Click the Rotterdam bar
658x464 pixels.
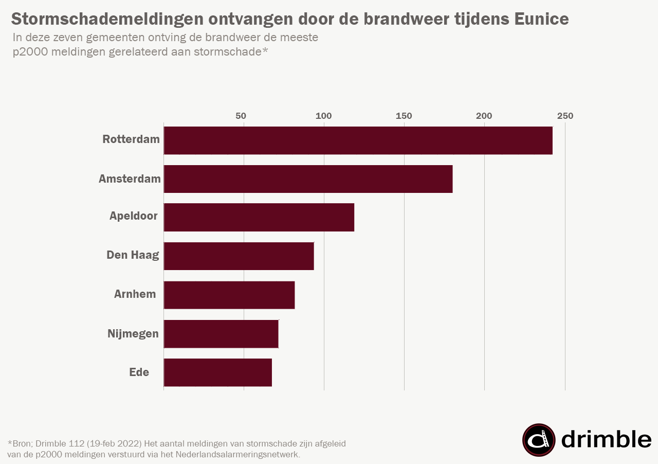[x=358, y=140]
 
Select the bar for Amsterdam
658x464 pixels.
[x=308, y=179]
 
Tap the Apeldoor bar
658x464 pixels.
[x=259, y=217]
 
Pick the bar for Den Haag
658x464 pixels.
[x=239, y=256]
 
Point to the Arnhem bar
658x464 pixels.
[x=229, y=295]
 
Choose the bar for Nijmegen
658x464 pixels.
[x=221, y=334]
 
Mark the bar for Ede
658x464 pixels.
[x=218, y=372]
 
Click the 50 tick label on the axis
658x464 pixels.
[x=241, y=116]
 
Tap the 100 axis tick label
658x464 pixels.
[x=324, y=116]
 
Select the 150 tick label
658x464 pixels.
[x=404, y=116]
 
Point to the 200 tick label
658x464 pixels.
[x=484, y=116]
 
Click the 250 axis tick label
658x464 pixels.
[x=565, y=116]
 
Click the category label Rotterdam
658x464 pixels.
[x=131, y=139]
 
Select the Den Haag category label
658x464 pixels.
[x=133, y=255]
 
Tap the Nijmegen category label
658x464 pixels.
[x=133, y=334]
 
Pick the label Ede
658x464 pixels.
[x=139, y=372]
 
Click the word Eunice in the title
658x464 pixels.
[x=542, y=19]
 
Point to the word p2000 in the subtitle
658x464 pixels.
[x=30, y=52]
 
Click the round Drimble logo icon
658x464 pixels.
[x=539, y=440]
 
